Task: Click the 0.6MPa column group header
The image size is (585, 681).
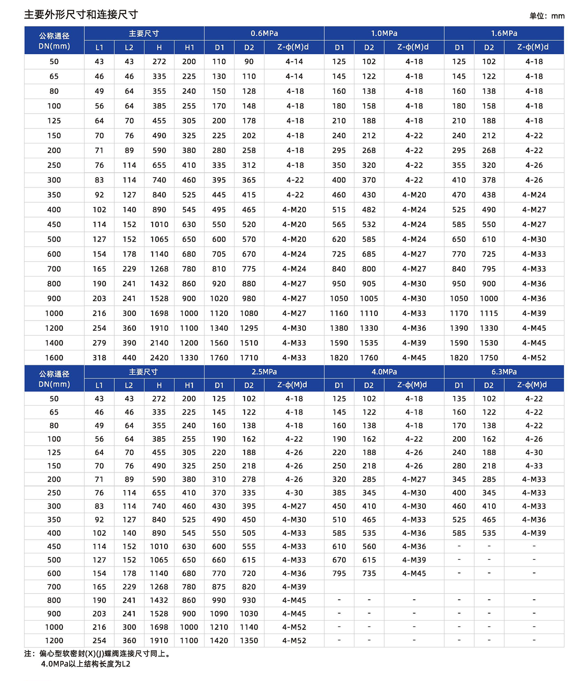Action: (264, 33)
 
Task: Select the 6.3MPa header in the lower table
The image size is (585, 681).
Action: (504, 372)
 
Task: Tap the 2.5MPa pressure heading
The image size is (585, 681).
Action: (264, 372)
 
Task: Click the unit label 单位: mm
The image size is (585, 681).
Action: (547, 16)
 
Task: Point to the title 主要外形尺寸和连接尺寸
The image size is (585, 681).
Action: (81, 15)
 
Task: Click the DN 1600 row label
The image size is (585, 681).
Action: (54, 358)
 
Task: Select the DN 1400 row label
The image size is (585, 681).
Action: (54, 343)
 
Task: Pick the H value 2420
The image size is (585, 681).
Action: (159, 358)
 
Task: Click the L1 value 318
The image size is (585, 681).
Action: (99, 358)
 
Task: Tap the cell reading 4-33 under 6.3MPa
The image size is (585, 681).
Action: (534, 466)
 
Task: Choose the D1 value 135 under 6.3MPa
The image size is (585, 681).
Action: (459, 399)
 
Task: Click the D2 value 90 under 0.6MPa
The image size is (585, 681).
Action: (249, 61)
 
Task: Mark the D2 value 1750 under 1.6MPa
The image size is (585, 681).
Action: (489, 358)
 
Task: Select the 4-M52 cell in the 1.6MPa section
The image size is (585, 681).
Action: (534, 358)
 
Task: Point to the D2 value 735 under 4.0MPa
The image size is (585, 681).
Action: (369, 573)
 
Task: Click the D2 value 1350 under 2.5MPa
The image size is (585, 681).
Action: (249, 640)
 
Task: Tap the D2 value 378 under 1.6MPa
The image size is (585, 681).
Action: (489, 180)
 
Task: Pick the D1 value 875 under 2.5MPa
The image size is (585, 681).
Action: (219, 587)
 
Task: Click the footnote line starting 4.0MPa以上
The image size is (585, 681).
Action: (85, 664)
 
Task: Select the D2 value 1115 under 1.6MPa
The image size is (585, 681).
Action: (489, 313)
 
